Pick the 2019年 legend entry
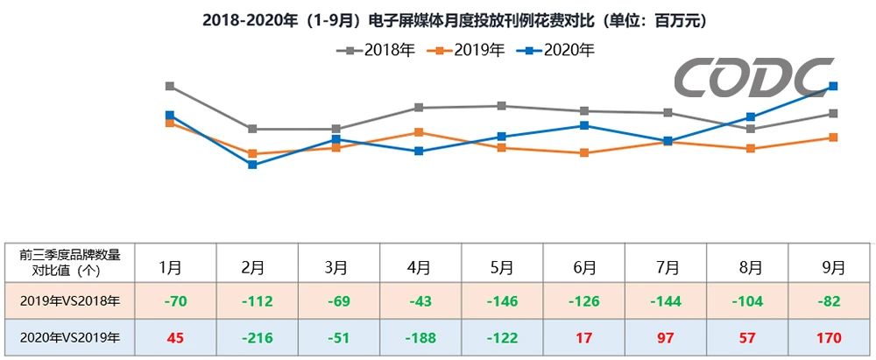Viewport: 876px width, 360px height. point(465,50)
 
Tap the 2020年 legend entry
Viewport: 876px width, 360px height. point(555,50)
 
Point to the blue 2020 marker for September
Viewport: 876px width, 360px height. point(833,86)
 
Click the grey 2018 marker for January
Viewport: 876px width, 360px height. point(169,86)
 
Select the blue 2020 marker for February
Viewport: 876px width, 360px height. point(252,165)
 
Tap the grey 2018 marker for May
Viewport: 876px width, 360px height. point(502,106)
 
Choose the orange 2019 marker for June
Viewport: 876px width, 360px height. point(584,152)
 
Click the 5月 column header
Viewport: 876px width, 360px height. point(502,266)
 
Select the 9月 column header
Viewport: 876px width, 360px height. point(833,266)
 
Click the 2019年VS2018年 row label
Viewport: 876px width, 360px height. point(70,301)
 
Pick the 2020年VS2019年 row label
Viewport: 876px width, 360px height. point(70,336)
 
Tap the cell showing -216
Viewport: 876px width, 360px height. point(253,336)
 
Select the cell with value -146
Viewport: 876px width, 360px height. point(502,301)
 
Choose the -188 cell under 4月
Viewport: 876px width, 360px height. point(420,336)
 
